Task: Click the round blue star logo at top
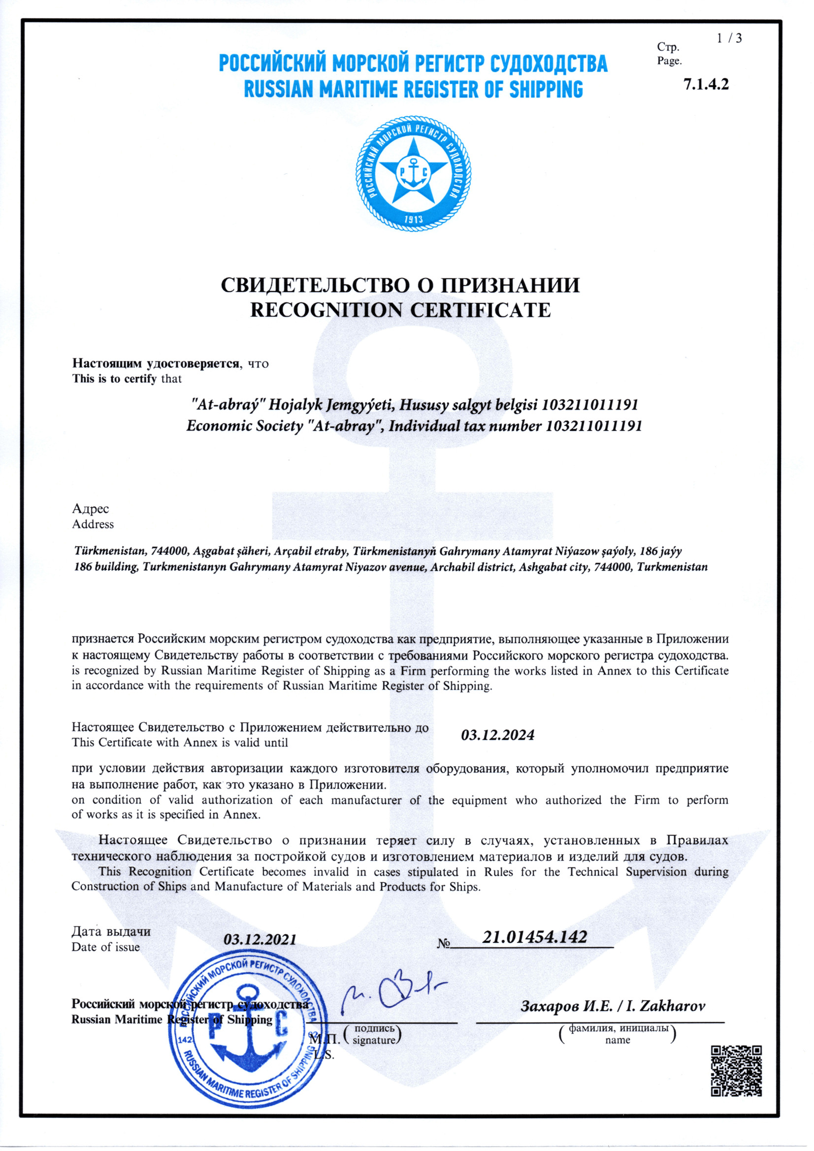413,173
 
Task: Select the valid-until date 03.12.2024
498,735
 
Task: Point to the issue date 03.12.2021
260,939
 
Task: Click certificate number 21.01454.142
534,936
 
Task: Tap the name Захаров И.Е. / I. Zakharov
613,1006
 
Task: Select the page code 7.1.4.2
706,84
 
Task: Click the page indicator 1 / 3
729,38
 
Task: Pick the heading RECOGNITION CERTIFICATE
400,310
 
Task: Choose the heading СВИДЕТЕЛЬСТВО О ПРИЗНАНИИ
400,285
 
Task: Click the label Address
93,525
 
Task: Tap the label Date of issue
105,947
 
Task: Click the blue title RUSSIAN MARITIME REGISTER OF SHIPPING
413,89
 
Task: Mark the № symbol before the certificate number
444,944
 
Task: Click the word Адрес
90,508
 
